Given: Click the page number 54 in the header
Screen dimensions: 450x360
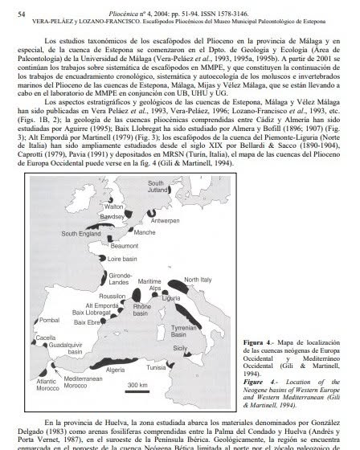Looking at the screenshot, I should click(x=22, y=14).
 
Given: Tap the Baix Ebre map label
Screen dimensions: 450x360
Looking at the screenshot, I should click(x=86, y=321).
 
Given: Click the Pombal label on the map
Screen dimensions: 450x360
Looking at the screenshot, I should click(x=50, y=321).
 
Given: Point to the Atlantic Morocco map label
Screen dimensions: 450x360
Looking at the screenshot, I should click(x=49, y=385).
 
